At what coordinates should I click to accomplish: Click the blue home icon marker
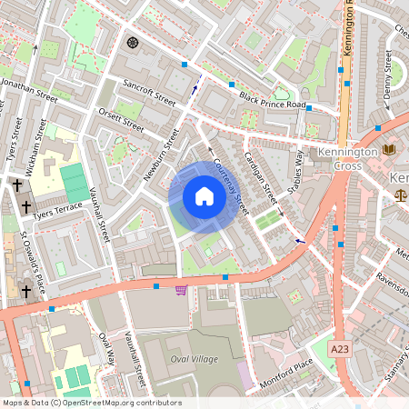tap(204, 196)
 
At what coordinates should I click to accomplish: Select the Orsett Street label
tap(122, 122)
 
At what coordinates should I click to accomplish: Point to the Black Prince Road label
tap(274, 101)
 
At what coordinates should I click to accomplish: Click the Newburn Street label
tap(160, 154)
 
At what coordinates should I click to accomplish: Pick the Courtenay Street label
tap(228, 185)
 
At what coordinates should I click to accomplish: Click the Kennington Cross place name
tap(346, 158)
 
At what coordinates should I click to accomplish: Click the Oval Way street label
tap(107, 350)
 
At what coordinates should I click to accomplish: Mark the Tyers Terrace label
tap(56, 212)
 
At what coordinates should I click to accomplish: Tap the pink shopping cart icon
tap(181, 290)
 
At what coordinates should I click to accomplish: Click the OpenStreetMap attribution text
tap(91, 403)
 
